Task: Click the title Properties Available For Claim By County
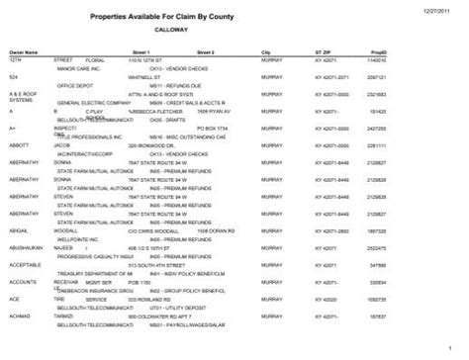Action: tap(234, 18)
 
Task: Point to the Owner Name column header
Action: tap(24, 48)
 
